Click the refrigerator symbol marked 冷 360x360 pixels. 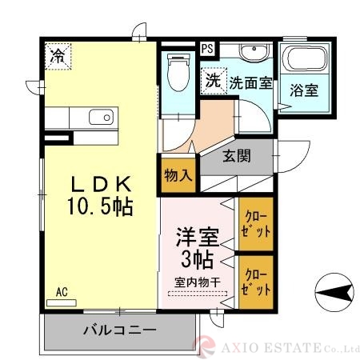coord(58,55)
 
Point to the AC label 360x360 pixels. coord(62,292)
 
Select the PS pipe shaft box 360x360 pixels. coord(207,48)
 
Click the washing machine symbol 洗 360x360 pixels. coord(212,81)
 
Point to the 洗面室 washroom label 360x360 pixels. coord(251,82)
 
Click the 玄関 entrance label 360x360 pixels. coord(237,156)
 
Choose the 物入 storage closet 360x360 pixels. coord(178,176)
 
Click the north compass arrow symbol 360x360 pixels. coord(334,290)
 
